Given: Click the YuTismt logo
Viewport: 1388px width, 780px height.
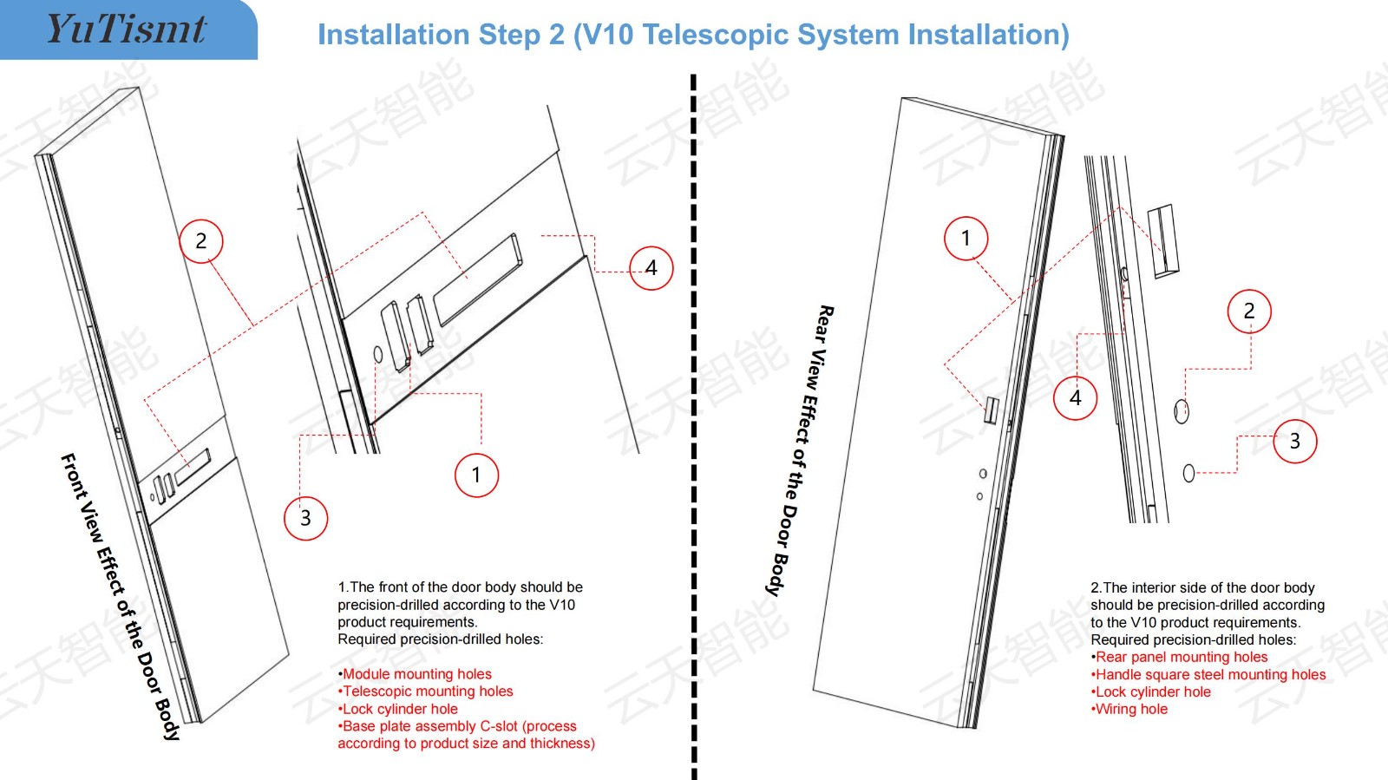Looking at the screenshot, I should coord(126,29).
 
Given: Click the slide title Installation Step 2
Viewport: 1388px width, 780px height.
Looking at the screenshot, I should coord(692,35).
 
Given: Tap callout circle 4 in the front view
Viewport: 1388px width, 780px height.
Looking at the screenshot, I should coord(651,268).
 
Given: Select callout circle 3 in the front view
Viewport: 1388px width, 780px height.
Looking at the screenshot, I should coord(305,518).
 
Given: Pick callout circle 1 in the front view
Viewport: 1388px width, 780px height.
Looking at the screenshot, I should coord(476,475).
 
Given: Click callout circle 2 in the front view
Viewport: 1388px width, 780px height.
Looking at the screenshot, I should coord(201,241).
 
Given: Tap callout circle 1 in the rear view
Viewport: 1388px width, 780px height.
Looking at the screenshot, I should coord(966,238).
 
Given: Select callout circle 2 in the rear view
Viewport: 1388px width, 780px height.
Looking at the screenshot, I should coord(1249,311).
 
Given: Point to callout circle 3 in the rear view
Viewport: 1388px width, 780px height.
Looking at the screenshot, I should coord(1294,441).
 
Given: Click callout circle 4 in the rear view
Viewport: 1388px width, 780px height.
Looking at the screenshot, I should coord(1076,398).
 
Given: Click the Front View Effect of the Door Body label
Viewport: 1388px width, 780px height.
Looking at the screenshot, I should coord(121,596).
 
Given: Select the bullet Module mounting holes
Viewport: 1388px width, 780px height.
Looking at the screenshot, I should coord(416,674).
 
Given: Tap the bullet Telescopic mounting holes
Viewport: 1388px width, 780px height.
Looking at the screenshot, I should coord(427,692).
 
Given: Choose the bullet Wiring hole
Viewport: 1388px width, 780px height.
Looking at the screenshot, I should coord(1130,709).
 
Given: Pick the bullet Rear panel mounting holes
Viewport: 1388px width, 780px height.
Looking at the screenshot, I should coord(1181,657).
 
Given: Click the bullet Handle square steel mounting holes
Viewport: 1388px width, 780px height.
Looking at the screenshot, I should coord(1209,674).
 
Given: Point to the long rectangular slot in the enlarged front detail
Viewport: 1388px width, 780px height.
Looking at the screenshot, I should coord(478,279).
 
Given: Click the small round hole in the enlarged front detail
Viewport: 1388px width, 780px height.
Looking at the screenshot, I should coord(377,354).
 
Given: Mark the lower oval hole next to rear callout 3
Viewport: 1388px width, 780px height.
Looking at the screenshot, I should coord(1188,473).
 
